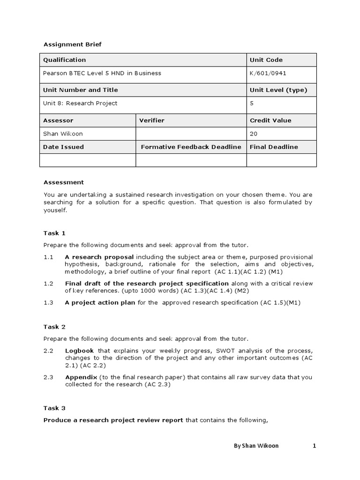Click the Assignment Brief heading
72,45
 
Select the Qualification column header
65,60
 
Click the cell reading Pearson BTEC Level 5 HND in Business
102,73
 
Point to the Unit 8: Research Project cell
80,103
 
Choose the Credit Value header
270,120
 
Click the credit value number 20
254,134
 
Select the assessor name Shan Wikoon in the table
63,134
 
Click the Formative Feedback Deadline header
191,147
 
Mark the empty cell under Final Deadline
281,160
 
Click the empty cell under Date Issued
88,160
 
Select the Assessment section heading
64,182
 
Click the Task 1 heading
54,233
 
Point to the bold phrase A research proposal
99,257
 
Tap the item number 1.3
49,302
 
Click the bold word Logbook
79,351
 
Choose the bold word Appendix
81,377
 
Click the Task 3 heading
54,408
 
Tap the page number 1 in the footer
315,446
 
